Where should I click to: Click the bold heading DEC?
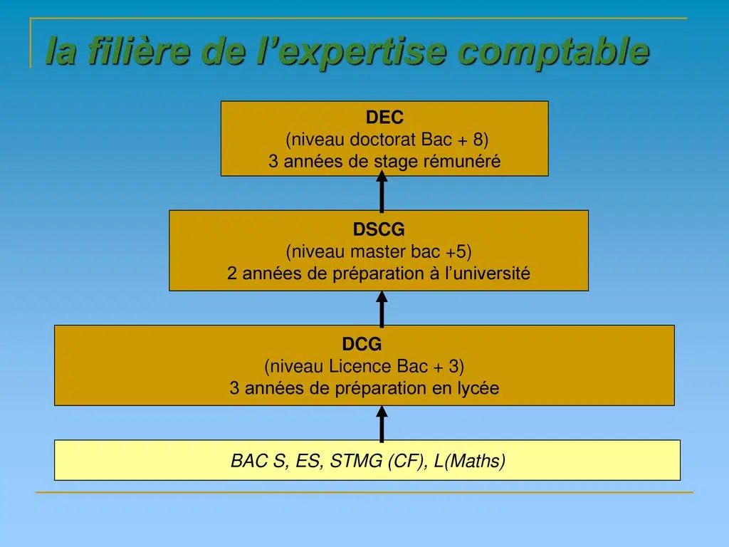(x=384, y=118)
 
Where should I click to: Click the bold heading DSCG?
(x=379, y=229)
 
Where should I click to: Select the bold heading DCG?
(x=362, y=344)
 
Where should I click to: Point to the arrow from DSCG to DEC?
(x=382, y=191)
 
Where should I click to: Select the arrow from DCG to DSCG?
(x=382, y=309)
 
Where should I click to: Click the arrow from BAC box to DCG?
(x=382, y=423)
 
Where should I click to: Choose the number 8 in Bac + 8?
(x=478, y=139)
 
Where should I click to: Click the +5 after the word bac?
(x=456, y=251)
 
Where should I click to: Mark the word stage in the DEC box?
(x=396, y=162)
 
